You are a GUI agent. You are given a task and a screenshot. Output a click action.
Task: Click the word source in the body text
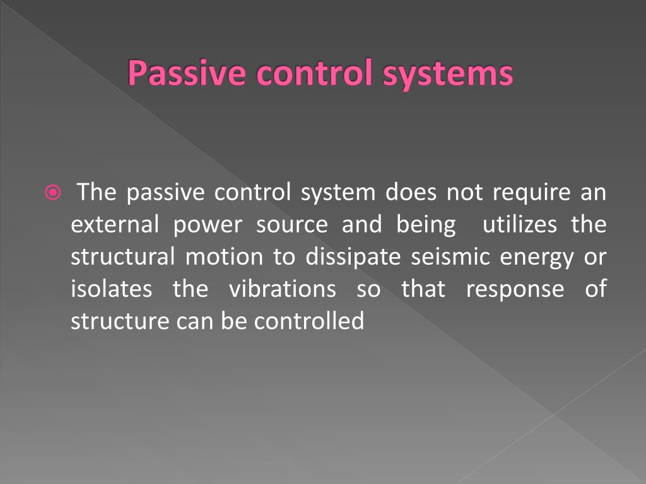click(x=291, y=224)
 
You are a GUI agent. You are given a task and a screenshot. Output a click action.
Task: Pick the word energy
click(x=535, y=257)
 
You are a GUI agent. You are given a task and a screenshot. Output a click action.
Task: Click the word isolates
click(x=111, y=289)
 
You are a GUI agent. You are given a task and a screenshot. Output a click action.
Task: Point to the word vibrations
click(x=282, y=289)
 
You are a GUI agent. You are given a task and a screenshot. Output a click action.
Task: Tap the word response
click(x=515, y=289)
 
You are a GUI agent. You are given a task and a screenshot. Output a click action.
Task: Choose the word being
click(x=426, y=224)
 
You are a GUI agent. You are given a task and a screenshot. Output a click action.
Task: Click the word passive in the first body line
click(x=165, y=192)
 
